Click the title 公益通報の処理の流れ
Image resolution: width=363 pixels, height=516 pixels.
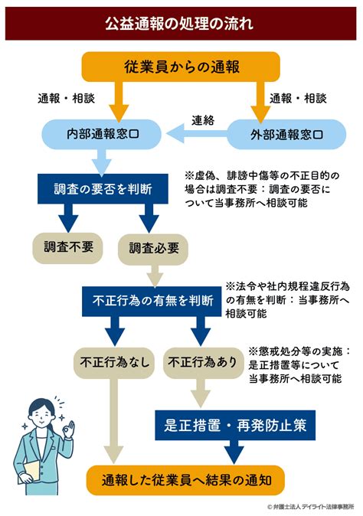179,24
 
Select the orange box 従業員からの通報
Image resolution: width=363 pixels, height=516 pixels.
181,67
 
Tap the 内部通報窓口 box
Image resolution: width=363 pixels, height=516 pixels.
101,134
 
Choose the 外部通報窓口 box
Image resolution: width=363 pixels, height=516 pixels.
286,134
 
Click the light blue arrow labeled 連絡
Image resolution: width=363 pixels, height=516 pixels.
197,134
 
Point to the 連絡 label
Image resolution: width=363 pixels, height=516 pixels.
203,120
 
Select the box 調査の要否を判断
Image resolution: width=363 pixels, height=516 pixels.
103,189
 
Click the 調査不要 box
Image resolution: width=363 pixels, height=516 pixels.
68,248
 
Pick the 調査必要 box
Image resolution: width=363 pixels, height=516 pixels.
153,249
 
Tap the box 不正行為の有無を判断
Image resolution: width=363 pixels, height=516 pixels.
152,301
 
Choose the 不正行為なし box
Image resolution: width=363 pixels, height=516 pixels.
114,363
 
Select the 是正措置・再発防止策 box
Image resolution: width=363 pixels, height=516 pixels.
235,425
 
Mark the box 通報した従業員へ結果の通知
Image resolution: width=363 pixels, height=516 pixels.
185,480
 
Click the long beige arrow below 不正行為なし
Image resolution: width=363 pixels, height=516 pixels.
114,421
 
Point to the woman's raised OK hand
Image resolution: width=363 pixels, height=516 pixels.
68,428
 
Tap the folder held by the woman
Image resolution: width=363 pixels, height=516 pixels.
32,472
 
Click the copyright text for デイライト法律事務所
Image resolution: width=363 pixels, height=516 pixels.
310,507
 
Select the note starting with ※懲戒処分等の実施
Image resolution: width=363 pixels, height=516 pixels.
299,364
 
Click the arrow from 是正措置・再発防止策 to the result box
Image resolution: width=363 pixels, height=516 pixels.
234,452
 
